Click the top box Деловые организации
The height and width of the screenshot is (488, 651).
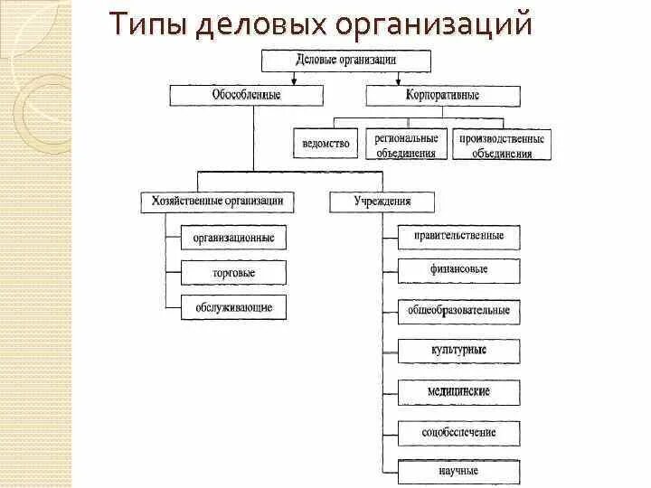coord(347,61)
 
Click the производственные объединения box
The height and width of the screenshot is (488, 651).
coord(502,145)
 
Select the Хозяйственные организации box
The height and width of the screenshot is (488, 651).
coord(213,201)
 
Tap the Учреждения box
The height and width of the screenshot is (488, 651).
coord(382,201)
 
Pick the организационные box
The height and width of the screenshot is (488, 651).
coord(233,238)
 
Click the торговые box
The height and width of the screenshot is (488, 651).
coord(233,272)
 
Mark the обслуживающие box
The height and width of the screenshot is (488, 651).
coord(233,307)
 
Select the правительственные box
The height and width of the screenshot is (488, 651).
coord(460,237)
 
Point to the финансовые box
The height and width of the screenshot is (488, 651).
coord(460,269)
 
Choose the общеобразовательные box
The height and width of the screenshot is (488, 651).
coord(460,310)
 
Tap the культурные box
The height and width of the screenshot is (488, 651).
coord(460,350)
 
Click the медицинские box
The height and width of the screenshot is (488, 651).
coord(460,391)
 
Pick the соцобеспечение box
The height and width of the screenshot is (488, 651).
coord(460,433)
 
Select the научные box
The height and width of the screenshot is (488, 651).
coord(460,471)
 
